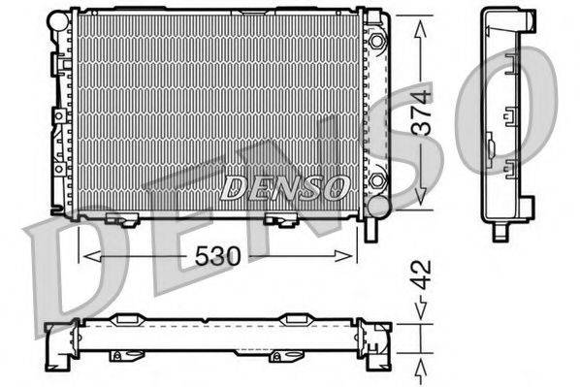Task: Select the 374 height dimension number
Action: point(420,114)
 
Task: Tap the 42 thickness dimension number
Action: point(420,274)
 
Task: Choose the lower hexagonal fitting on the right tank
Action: point(377,180)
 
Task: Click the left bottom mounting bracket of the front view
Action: point(121,218)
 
